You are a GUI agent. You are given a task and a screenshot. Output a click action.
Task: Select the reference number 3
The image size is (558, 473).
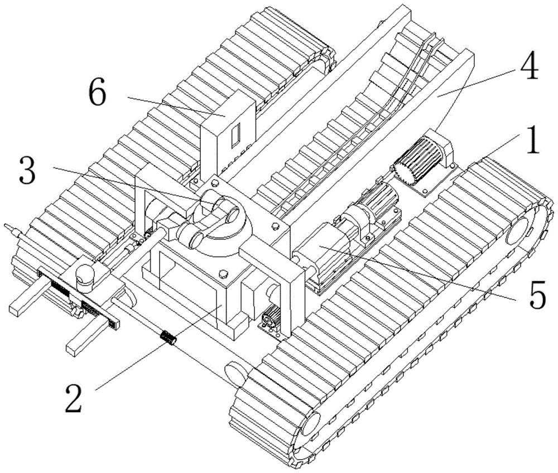[x=28, y=172]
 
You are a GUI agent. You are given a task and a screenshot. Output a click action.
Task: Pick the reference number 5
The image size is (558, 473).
[x=537, y=295]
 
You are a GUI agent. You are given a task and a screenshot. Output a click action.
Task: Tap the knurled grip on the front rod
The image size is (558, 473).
[x=169, y=337]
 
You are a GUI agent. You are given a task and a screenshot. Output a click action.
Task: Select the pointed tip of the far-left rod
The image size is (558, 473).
[x=4, y=225]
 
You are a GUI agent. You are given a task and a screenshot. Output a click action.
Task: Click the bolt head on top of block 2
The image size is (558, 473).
[x=223, y=273]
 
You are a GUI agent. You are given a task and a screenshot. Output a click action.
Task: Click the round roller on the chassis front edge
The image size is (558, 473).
[x=237, y=373]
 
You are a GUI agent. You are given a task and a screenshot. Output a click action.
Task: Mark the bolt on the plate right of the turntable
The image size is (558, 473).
[x=275, y=225]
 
